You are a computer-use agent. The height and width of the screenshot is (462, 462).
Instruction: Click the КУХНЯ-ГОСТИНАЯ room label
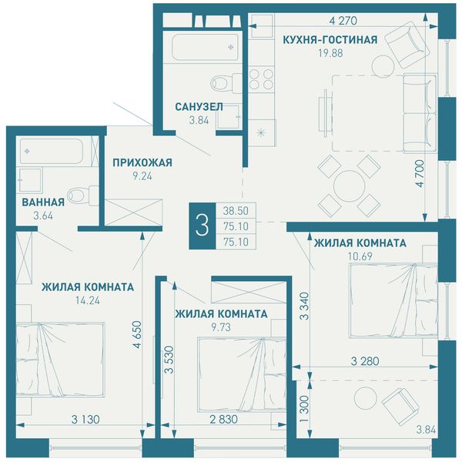(330, 39)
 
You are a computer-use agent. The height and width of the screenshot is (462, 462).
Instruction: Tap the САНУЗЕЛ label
(199, 107)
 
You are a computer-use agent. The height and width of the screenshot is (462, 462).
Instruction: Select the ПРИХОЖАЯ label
(142, 162)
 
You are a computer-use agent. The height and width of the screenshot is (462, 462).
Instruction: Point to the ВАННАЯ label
(43, 202)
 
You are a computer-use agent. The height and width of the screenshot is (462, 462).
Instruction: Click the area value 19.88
(330, 53)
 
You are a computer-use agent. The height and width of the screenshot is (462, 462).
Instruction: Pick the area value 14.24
(88, 300)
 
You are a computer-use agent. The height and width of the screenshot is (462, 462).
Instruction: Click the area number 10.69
(360, 256)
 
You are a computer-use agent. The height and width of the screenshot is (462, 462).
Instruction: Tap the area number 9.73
(221, 327)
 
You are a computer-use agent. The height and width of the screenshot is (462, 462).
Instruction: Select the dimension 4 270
(343, 21)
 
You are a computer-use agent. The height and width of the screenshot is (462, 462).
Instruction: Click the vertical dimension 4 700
(420, 173)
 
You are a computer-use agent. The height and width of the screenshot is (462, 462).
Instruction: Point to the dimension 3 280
(365, 361)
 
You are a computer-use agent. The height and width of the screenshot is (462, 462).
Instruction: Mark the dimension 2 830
(223, 419)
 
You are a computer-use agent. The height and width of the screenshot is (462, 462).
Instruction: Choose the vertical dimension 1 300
(304, 408)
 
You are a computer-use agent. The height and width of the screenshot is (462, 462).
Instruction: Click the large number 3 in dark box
(202, 226)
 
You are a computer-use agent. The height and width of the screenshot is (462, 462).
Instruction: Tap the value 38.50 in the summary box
(236, 211)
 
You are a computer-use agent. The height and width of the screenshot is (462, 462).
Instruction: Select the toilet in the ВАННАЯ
(83, 196)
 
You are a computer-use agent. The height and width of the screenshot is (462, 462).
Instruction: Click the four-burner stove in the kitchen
(261, 79)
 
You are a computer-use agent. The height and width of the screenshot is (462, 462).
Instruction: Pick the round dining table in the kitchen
(349, 186)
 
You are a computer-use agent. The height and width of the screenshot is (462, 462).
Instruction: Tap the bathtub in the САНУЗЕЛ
(206, 48)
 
